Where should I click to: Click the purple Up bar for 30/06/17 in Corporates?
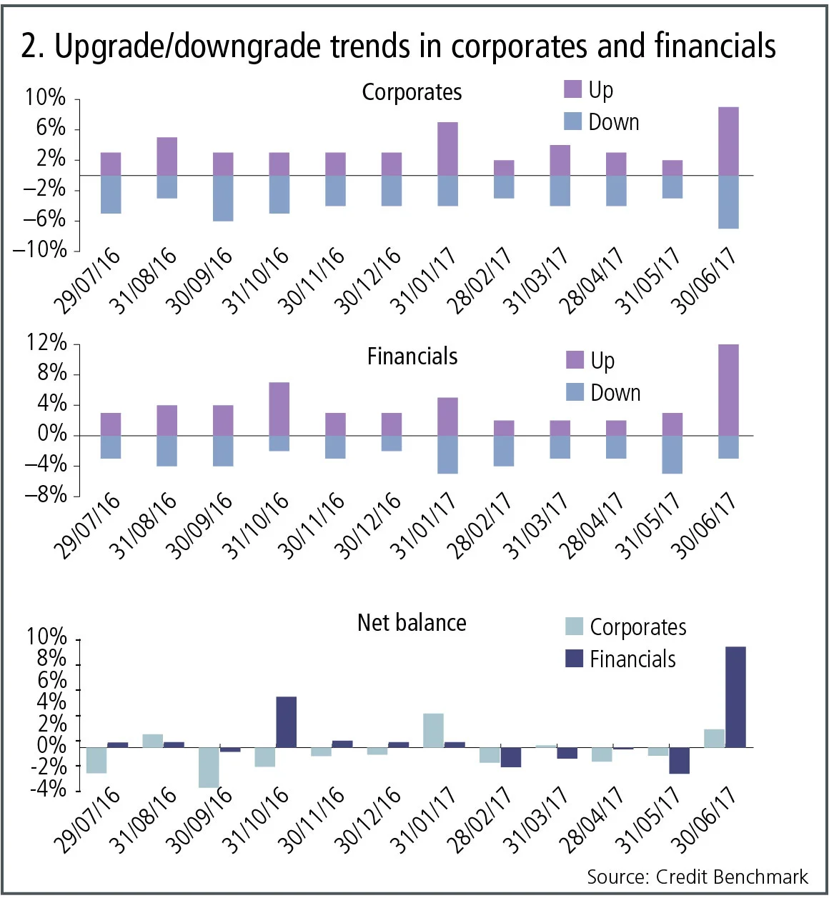pos(728,141)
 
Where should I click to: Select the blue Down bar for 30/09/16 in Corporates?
pos(223,198)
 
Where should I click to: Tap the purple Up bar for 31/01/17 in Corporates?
pos(447,149)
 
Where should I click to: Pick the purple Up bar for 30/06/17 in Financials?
pos(728,390)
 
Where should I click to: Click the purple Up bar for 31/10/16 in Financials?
pos(279,409)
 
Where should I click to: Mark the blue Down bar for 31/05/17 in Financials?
pos(672,454)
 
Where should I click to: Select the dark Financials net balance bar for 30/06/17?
pos(735,697)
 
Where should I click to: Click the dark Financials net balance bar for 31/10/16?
pos(287,722)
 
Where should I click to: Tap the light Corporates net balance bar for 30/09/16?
pos(209,767)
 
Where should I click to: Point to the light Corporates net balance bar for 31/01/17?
pos(433,730)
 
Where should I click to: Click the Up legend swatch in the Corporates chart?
pos(573,89)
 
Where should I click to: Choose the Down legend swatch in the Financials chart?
pos(575,391)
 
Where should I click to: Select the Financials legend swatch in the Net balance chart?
pos(575,658)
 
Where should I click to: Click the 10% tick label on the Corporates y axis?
pos(45,98)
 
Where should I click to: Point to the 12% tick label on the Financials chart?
pos(46,343)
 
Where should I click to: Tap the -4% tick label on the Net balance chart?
pos(47,789)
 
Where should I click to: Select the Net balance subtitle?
pos(412,623)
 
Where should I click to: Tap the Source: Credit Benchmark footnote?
pos(697,877)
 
